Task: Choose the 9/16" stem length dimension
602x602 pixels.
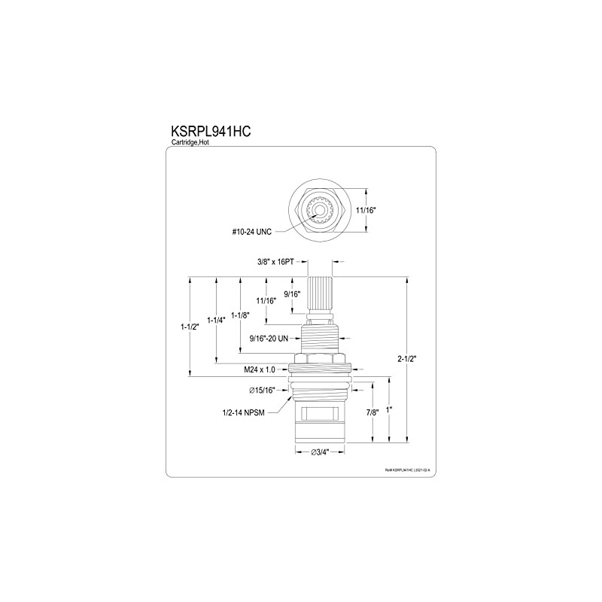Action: (293, 294)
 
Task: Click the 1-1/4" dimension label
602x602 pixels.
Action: (216, 321)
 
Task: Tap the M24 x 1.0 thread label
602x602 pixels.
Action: (259, 369)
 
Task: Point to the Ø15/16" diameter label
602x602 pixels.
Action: (263, 391)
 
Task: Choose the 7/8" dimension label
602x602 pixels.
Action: (372, 412)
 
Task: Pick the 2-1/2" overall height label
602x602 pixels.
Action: (409, 359)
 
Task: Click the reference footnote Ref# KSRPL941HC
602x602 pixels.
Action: (410, 469)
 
